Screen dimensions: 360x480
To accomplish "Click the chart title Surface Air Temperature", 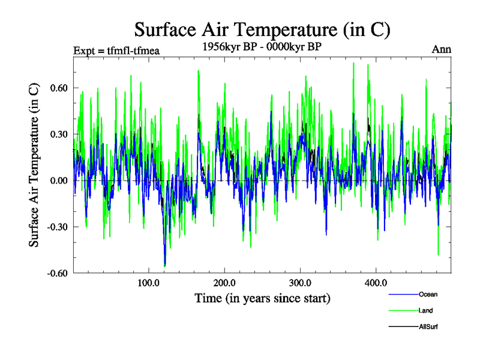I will pyautogui.click(x=262, y=29).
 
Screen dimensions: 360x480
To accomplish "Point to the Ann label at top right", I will pyautogui.click(x=441, y=49).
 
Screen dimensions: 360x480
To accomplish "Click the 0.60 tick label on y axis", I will pyautogui.click(x=58, y=88).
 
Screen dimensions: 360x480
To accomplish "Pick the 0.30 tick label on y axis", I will pyautogui.click(x=58, y=134).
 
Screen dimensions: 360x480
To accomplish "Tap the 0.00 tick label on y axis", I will pyautogui.click(x=58, y=181).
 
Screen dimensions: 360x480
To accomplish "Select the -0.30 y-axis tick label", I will pyautogui.click(x=56, y=227).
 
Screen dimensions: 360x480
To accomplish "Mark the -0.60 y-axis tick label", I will pyautogui.click(x=56, y=273).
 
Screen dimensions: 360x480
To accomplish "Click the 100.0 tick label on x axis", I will pyautogui.click(x=148, y=283).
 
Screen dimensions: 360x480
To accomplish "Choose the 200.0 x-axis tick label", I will pyautogui.click(x=224, y=283).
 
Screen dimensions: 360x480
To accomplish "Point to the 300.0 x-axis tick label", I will pyautogui.click(x=299, y=283).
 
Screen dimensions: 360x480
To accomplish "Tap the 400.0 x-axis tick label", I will pyautogui.click(x=375, y=283).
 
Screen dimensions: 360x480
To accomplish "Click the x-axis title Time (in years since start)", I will pyautogui.click(x=262, y=298).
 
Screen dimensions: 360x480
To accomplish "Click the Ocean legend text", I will pyautogui.click(x=428, y=295).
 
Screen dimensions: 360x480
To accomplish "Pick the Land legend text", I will pyautogui.click(x=425, y=311).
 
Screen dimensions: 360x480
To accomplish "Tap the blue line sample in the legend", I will pyautogui.click(x=403, y=295).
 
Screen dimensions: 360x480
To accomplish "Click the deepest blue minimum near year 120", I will pyautogui.click(x=164, y=265).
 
